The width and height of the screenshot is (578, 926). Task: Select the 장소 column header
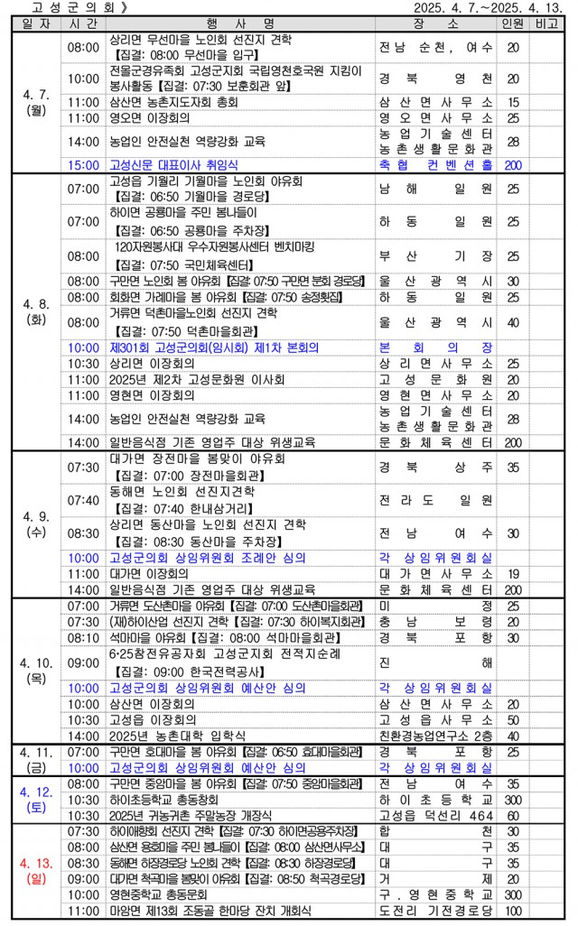(436, 22)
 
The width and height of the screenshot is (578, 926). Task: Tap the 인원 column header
(512, 22)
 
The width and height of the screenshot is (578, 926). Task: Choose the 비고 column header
(545, 22)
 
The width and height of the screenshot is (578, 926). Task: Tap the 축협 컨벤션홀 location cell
(436, 165)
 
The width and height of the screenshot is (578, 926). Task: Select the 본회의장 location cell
(436, 347)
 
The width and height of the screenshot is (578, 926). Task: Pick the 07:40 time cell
(83, 500)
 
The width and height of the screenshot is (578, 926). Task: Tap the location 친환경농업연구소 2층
(436, 736)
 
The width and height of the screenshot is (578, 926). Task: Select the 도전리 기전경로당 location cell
(436, 912)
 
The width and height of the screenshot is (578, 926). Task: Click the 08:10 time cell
(83, 637)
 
